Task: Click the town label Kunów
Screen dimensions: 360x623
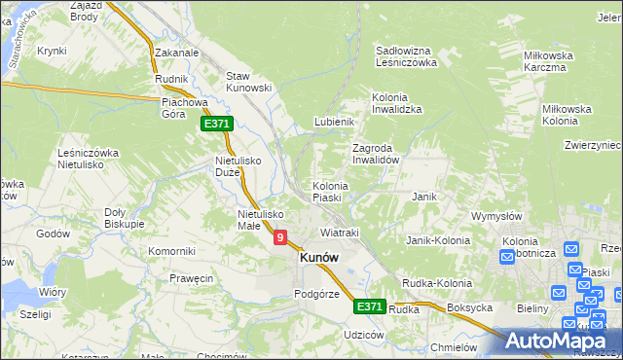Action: [x=319, y=257]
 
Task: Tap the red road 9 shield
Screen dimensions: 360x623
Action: [x=280, y=236]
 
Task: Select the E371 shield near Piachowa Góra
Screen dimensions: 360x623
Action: [x=216, y=124]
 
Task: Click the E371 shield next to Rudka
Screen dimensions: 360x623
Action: [x=369, y=306]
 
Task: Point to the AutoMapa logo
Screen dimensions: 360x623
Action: [x=559, y=341]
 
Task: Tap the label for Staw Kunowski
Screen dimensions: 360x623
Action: [x=247, y=81]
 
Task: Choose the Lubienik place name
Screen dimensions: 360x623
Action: [x=333, y=122]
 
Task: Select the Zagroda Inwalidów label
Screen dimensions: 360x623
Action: [x=376, y=154]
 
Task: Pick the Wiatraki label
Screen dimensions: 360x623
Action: [x=340, y=234]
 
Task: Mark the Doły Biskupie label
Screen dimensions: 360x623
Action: [x=124, y=218]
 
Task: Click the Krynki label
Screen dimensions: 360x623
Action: [x=51, y=51]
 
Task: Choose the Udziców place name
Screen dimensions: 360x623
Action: [x=364, y=334]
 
